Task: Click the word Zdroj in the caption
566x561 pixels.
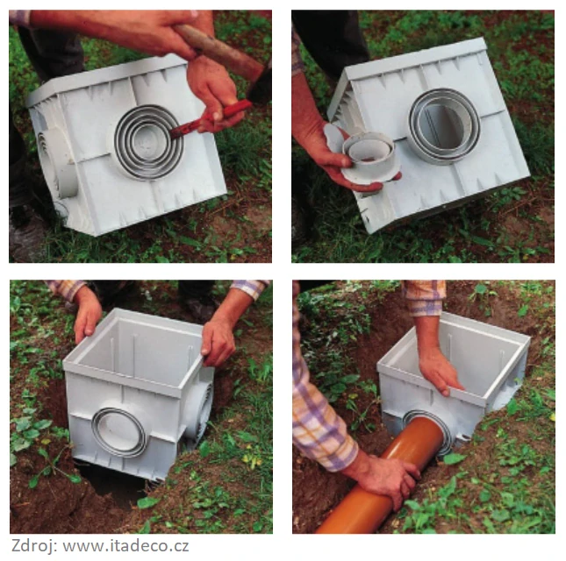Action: click(x=33, y=544)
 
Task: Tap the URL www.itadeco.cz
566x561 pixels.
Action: click(x=125, y=545)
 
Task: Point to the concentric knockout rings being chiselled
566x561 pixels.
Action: click(x=148, y=142)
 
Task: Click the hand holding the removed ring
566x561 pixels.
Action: click(x=325, y=152)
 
